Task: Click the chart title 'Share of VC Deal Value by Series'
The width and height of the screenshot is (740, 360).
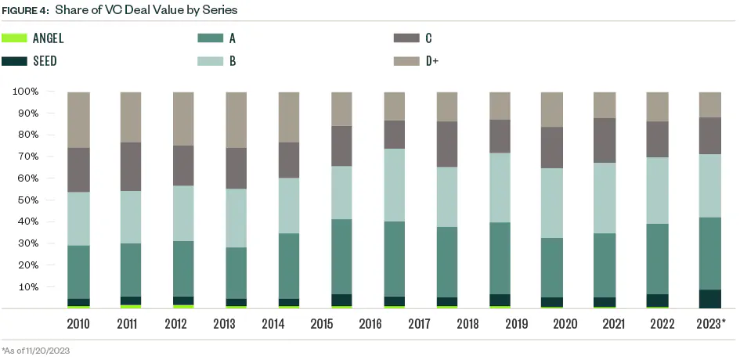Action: click(146, 10)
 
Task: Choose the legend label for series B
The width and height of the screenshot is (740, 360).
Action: click(232, 60)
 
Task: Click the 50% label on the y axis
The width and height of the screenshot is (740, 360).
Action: click(28, 200)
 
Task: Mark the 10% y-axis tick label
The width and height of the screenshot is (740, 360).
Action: click(28, 286)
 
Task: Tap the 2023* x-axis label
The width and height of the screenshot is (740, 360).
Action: click(711, 323)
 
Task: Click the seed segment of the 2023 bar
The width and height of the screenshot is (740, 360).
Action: click(710, 299)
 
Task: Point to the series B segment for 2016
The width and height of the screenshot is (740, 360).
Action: click(395, 185)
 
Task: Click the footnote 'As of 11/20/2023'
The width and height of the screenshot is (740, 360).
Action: click(37, 350)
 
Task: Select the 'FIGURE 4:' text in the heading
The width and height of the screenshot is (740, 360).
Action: click(24, 10)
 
